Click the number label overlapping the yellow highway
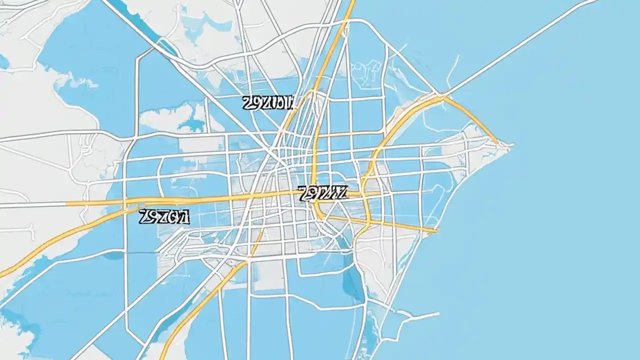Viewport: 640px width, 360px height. [x=322, y=193]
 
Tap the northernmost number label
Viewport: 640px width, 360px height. [x=267, y=103]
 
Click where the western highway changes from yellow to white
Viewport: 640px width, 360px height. [x=67, y=204]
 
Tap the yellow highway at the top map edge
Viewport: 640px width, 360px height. [x=351, y=3]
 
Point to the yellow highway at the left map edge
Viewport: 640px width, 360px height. [x=2, y=274]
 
